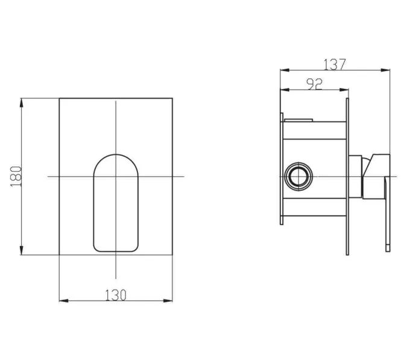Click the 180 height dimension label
click(16, 176)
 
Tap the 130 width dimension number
click(116, 295)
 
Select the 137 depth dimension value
click(335, 65)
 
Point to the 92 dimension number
click(314, 84)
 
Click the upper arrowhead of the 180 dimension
click(22, 103)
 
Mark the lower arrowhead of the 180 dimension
click(22, 250)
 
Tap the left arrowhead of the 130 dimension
click(64, 300)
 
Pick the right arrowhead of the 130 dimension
click(168, 300)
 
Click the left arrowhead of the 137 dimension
click(285, 70)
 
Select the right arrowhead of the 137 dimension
click(385, 70)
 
